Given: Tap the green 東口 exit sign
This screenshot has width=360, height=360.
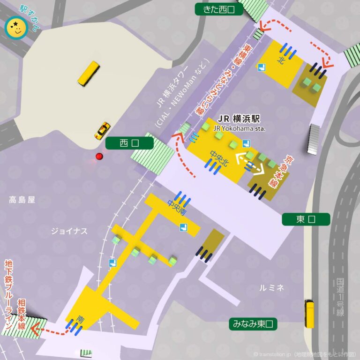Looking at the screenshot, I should tap(306, 219).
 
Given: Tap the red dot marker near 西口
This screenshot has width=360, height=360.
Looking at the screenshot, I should tap(99, 156).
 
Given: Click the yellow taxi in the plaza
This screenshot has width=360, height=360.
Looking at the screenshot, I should tap(102, 130).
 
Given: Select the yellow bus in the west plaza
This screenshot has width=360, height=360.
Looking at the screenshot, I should tap(89, 74).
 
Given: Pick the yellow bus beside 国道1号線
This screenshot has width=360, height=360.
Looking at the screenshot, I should tap(309, 314).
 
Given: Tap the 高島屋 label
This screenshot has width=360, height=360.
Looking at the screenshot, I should tap(22, 200).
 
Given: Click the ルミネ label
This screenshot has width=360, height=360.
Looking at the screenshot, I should tap(272, 288).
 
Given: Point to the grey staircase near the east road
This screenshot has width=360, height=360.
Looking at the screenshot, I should tap(314, 139).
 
